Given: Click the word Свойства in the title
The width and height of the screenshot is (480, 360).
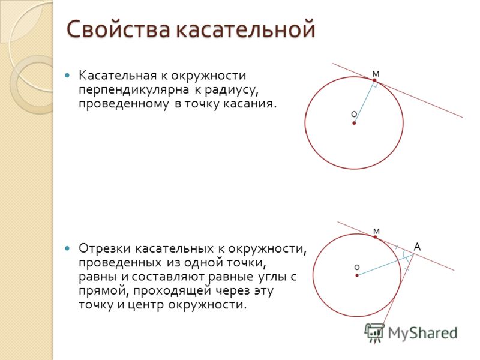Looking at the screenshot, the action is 118,29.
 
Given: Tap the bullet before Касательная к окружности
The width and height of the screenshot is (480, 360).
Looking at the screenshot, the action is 68,75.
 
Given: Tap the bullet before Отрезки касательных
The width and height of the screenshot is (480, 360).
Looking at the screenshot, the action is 68,248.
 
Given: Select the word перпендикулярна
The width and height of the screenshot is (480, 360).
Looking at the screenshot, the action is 133,91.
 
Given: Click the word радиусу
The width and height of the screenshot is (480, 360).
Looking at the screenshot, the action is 230,91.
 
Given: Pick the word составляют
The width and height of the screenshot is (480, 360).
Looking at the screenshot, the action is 170,277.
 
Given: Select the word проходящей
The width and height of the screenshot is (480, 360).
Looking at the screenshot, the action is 172,291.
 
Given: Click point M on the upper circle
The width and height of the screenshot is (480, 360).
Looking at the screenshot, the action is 374,80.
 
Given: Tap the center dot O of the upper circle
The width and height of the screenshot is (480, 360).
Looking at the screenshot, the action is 354,123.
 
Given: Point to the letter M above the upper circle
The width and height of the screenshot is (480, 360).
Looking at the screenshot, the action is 376,74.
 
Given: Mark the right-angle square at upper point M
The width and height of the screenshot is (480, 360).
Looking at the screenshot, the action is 374,85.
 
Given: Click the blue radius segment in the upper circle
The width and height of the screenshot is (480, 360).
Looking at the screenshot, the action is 364,101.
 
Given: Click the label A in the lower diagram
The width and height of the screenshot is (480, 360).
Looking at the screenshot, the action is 417,247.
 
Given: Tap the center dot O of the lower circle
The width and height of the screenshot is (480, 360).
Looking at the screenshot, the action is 357,275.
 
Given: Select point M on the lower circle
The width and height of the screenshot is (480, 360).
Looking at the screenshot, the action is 376,237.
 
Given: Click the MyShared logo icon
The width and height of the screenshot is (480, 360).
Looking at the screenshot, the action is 374,332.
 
